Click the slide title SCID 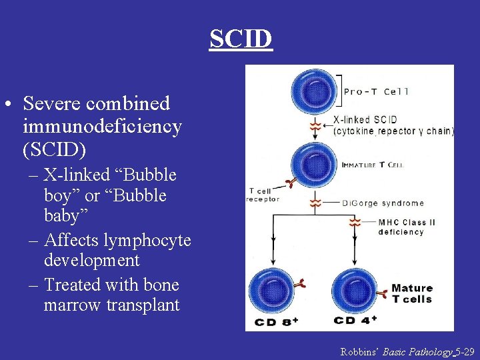tap(241, 39)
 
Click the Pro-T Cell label tap(376, 91)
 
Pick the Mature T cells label tap(411, 293)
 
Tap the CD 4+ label tap(355, 321)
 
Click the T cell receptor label tap(263, 194)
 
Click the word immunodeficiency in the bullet tap(102, 127)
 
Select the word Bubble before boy tap(149, 175)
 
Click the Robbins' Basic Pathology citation tap(407, 351)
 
